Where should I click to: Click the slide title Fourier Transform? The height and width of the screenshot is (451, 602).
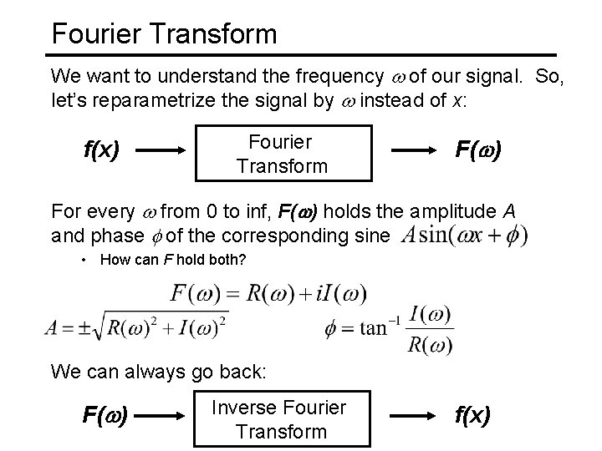pyautogui.click(x=164, y=33)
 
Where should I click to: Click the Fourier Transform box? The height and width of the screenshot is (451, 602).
pyautogui.click(x=282, y=154)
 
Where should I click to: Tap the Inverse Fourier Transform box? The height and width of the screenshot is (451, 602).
pyautogui.click(x=279, y=419)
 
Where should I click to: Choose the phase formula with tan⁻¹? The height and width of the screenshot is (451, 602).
pyautogui.click(x=389, y=327)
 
